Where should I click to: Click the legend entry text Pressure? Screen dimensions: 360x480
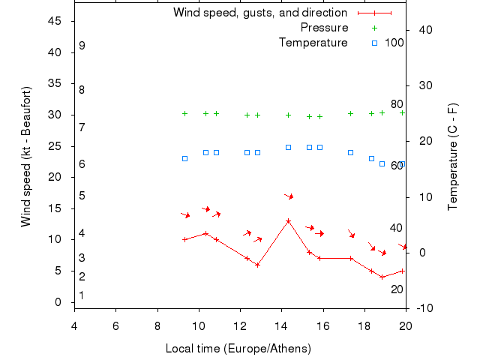click(x=324, y=28)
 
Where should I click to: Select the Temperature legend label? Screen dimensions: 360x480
click(x=313, y=43)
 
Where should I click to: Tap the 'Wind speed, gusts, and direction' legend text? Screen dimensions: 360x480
click(x=259, y=13)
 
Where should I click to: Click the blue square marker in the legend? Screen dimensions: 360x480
click(x=374, y=43)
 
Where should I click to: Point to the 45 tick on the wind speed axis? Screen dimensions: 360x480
click(x=54, y=21)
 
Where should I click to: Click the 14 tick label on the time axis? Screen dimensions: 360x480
click(x=282, y=326)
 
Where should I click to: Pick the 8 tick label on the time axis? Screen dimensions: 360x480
click(x=157, y=326)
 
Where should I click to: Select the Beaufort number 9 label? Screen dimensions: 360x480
click(x=82, y=46)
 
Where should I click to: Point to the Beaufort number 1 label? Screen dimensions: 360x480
click(x=82, y=295)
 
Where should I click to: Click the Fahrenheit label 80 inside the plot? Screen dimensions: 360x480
click(x=397, y=104)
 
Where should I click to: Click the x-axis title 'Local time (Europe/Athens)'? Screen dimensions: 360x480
click(x=238, y=349)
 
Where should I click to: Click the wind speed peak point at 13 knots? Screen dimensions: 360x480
click(x=288, y=220)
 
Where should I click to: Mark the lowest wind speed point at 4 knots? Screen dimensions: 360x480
click(x=382, y=277)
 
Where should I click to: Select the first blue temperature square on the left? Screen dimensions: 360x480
click(x=184, y=158)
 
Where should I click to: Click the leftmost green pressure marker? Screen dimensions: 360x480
click(x=184, y=114)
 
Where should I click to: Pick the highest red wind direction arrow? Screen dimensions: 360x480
click(x=289, y=196)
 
